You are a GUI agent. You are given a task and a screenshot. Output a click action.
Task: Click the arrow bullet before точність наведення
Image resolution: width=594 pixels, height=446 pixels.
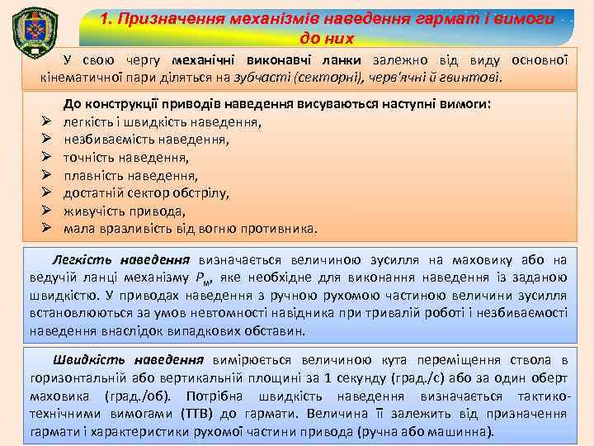click(47, 157)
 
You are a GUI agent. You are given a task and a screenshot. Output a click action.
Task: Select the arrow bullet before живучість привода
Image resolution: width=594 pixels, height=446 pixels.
click(47, 210)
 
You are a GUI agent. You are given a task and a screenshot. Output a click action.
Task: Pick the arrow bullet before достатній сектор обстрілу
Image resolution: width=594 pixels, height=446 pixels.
click(47, 192)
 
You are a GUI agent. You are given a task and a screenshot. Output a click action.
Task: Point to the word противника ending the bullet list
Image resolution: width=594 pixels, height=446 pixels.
click(279, 228)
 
